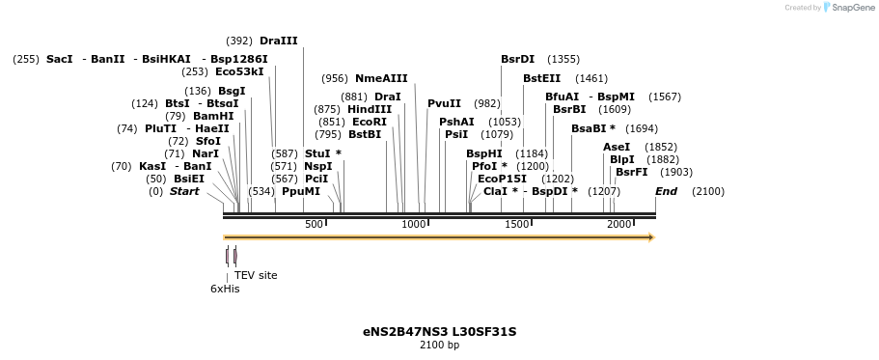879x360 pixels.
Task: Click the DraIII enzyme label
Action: click(x=278, y=41)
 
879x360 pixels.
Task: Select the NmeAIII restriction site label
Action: click(x=381, y=78)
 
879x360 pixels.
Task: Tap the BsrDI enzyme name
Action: click(x=517, y=59)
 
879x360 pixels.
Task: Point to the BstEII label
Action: click(x=541, y=78)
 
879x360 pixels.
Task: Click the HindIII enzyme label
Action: click(x=370, y=109)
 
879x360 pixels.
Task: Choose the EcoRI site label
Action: click(x=369, y=122)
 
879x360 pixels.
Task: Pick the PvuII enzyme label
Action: click(x=444, y=103)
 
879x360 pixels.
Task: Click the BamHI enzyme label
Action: click(x=213, y=116)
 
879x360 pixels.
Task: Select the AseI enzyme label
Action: click(x=616, y=147)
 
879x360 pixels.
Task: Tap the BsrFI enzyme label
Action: click(x=631, y=172)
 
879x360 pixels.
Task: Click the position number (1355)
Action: click(x=563, y=59)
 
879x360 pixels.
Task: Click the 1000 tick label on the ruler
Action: click(x=414, y=224)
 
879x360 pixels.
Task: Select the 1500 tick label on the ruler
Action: click(x=517, y=224)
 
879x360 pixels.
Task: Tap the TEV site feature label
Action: click(x=256, y=275)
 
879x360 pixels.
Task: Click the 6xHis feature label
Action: click(x=225, y=289)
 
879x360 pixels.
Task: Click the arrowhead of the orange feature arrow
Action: click(x=651, y=237)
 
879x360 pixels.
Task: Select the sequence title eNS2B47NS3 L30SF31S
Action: click(x=439, y=332)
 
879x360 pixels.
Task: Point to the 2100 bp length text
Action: click(x=439, y=345)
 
